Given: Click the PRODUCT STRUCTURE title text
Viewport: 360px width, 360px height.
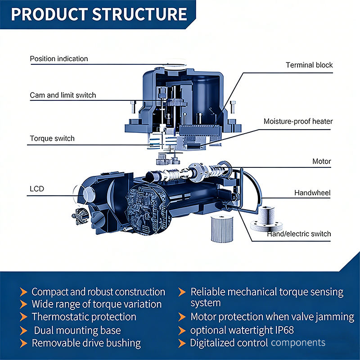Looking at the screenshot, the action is tap(99, 14).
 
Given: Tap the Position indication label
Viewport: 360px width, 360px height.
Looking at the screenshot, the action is tap(59, 59).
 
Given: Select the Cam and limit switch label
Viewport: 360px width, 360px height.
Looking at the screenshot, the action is tap(63, 95).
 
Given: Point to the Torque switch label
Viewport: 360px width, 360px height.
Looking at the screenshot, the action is tap(52, 139).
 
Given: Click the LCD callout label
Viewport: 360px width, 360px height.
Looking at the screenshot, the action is tap(37, 189).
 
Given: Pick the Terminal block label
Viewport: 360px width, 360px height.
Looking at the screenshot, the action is tap(309, 65).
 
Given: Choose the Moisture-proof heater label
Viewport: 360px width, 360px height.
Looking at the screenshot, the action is tap(298, 121).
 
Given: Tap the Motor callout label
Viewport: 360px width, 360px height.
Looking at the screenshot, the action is tap(321, 161).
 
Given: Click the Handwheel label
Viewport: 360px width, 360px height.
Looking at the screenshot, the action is tap(312, 193).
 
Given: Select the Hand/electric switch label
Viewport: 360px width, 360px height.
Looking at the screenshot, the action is tap(299, 234).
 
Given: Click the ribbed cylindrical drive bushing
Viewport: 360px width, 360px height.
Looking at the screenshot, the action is tap(222, 229).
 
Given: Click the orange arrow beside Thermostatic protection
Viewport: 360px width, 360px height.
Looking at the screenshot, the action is tap(23, 317).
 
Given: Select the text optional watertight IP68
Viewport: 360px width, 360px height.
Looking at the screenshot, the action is tap(242, 330).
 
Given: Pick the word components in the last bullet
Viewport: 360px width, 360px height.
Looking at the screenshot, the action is tap(298, 343).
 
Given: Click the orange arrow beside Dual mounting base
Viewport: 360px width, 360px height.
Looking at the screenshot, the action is tap(23, 331).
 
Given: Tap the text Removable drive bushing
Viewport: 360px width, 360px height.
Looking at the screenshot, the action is tap(86, 343).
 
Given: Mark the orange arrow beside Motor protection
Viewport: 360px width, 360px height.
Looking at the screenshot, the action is tap(182, 317).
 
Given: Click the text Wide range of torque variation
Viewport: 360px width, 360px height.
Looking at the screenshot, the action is tap(97, 304).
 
